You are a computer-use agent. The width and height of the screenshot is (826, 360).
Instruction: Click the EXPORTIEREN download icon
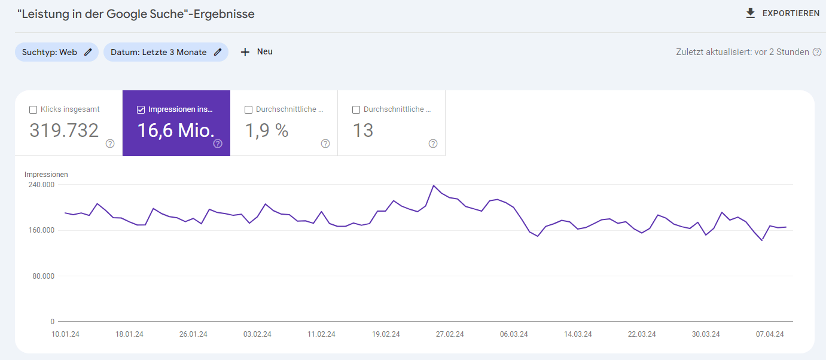point(751,13)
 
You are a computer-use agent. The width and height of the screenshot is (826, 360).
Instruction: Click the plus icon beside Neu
point(245,52)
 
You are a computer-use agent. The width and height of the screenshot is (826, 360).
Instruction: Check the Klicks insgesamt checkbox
point(33,109)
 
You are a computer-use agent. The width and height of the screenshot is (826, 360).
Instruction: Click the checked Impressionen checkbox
point(141,109)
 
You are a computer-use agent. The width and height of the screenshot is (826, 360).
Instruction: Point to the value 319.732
point(64,130)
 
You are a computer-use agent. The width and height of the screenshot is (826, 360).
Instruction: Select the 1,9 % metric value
point(267,130)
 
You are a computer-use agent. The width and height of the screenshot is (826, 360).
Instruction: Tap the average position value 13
point(363,130)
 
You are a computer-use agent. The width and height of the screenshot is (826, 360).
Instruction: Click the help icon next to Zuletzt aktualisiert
point(817,52)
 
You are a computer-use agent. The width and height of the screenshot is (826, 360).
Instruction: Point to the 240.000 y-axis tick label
point(41,185)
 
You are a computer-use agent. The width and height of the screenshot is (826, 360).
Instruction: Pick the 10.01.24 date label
point(65,334)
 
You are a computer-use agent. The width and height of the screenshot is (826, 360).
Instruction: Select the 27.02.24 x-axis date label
point(449,334)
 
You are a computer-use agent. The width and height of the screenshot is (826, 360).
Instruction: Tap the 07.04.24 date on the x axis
point(769,334)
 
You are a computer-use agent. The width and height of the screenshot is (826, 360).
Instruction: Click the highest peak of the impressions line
point(433,185)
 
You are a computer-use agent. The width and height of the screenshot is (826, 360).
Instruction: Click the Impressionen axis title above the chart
point(46,175)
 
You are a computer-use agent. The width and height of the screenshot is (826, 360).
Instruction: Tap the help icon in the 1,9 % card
point(325,144)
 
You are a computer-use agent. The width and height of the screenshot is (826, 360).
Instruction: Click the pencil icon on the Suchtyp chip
point(88,52)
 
